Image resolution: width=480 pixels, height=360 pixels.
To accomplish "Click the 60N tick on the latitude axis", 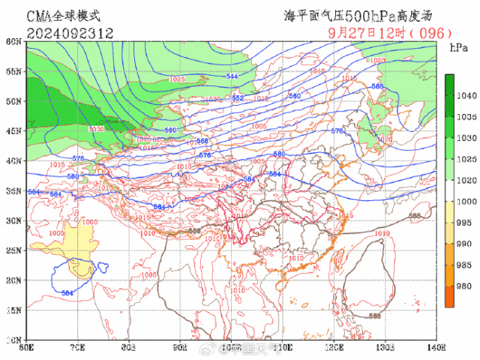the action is tap(13, 42).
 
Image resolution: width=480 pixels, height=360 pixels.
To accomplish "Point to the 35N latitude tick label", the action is tap(13, 191).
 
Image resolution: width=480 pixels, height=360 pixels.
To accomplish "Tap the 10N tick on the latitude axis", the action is tap(13, 340).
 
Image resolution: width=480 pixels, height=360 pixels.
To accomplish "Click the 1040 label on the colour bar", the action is tap(466, 95).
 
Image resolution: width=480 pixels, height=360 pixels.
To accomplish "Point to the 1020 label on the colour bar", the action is tap(466, 180).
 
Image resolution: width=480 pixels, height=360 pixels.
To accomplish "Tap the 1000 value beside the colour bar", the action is tap(466, 202).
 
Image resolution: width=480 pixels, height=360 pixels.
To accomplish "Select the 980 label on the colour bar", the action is tap(466, 286).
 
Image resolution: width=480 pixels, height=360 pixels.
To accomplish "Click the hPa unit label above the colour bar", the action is tap(458, 48).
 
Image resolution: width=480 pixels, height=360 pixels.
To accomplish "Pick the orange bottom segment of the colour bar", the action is tap(449, 296).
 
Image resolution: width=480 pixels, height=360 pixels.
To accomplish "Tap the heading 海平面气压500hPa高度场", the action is tap(358, 15).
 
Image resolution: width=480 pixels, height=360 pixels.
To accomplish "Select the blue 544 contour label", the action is tap(232, 76).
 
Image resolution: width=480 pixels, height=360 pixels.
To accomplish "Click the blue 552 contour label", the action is tap(238, 98).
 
